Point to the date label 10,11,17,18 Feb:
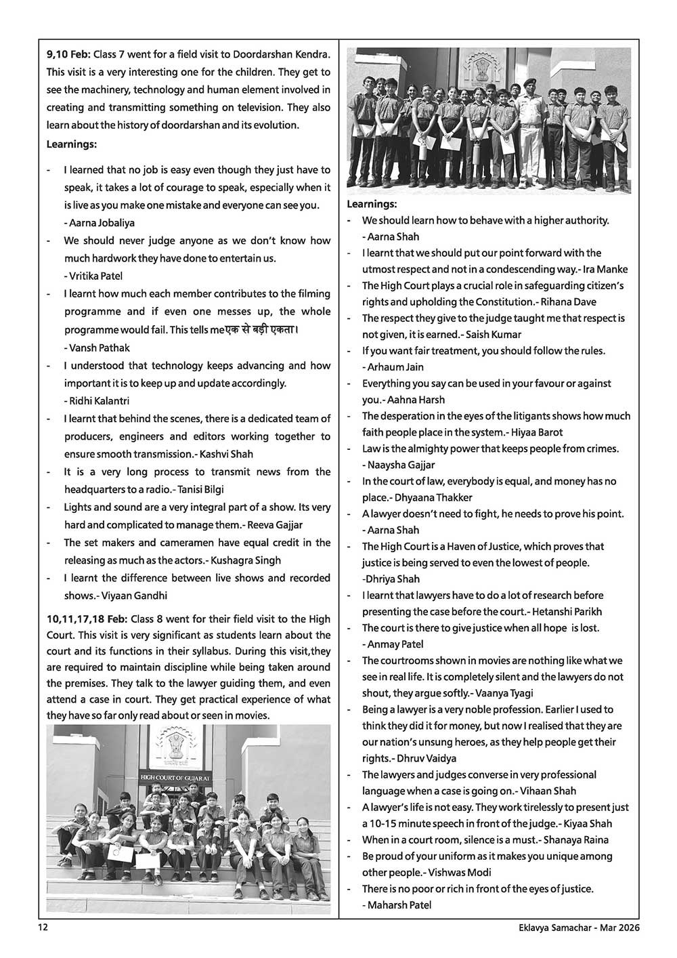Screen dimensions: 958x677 point(87,619)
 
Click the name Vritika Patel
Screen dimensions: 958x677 point(95,276)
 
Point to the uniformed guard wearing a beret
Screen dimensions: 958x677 point(529,115)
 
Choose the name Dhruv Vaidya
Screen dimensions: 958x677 point(429,758)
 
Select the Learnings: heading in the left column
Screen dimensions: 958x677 point(71,144)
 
